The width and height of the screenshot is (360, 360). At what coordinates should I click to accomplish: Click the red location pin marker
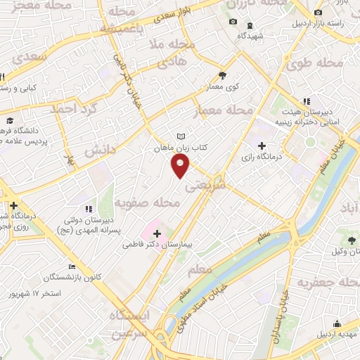pos(181,166)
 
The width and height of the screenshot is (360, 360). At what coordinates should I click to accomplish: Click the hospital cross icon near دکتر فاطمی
pos(157,233)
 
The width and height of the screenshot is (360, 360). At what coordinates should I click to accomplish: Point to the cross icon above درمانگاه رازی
pos(262,146)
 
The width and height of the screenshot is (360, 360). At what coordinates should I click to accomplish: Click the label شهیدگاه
pos(250,35)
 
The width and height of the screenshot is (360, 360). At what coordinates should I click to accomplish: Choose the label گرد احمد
pos(71,110)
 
